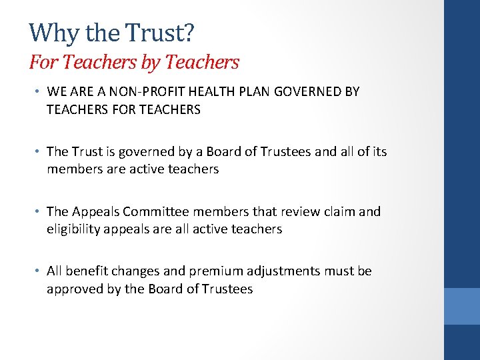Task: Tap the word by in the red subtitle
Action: click(147, 62)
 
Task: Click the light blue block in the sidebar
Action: click(462, 306)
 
